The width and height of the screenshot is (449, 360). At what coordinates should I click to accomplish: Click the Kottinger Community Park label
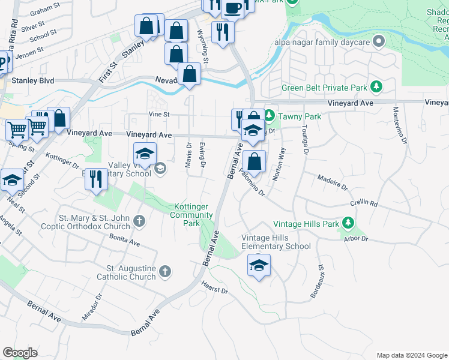click(191, 215)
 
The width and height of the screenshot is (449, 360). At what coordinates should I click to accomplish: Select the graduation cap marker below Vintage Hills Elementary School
click(259, 265)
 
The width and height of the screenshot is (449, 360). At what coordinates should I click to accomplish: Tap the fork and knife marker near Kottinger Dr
click(96, 179)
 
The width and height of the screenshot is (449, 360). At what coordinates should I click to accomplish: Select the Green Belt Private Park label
click(324, 88)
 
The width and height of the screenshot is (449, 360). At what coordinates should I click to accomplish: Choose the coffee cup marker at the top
click(233, 8)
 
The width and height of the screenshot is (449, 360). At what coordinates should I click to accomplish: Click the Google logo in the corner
click(20, 353)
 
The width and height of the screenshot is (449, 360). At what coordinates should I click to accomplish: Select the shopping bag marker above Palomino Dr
click(255, 161)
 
